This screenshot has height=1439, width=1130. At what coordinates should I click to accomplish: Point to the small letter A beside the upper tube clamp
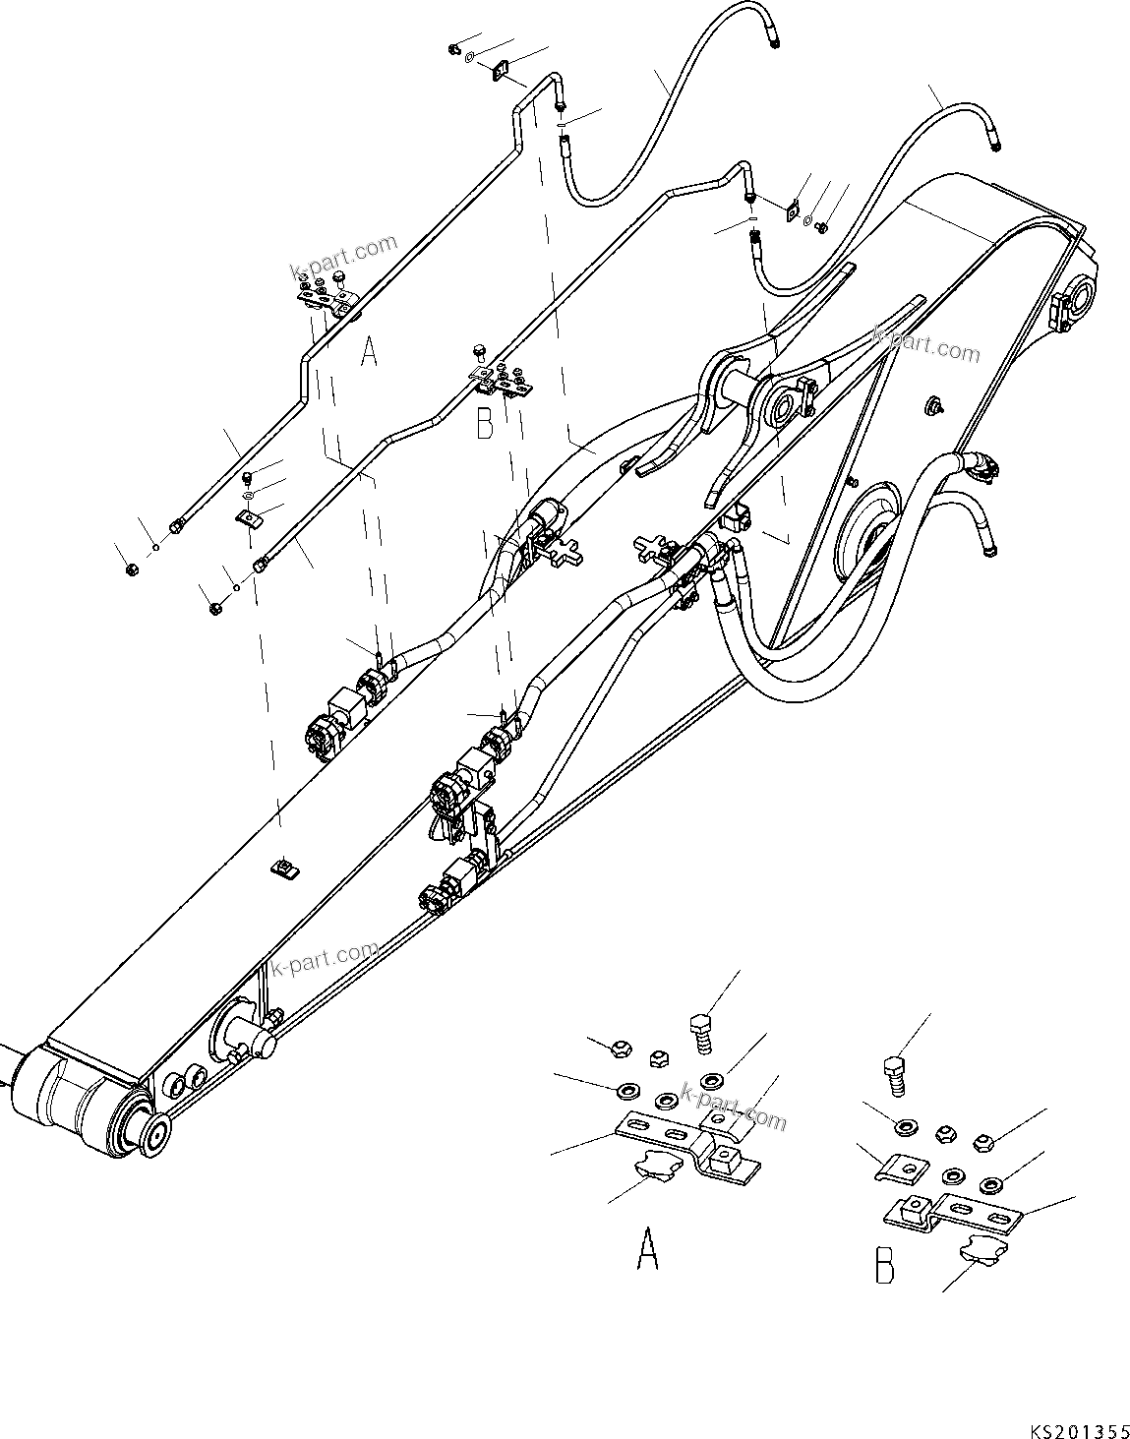[x=369, y=351]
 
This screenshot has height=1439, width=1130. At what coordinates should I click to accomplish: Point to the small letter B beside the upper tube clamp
[x=484, y=425]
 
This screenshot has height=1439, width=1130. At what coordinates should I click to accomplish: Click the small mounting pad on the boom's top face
[x=283, y=868]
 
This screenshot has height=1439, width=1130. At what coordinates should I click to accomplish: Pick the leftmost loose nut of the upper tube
[x=131, y=570]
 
